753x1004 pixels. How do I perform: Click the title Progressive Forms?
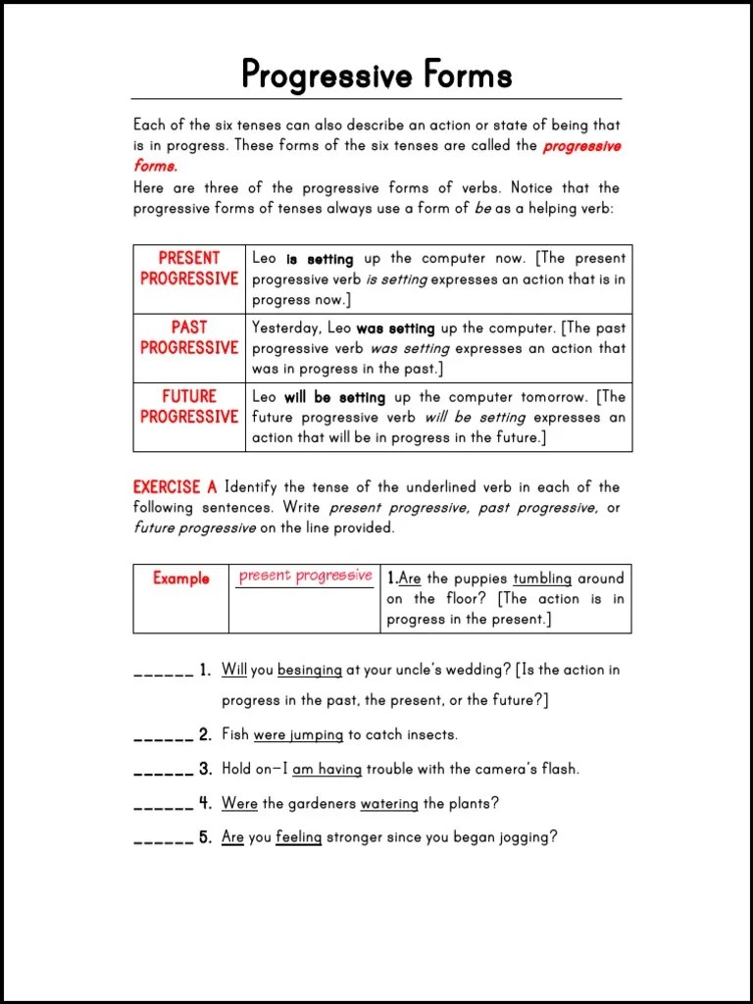(376, 75)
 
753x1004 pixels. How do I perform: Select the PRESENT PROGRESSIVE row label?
(189, 268)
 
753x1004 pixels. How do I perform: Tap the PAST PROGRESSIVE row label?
(189, 337)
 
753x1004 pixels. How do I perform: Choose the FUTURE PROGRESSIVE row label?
(189, 406)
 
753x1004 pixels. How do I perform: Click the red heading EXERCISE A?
(175, 487)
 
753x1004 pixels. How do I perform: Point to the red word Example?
(180, 578)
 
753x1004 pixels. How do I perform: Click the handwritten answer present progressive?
(305, 576)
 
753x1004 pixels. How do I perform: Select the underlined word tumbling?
(542, 578)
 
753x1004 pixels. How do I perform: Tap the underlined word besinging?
(310, 671)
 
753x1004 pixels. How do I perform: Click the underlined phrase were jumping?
(298, 734)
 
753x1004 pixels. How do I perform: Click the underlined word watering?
(389, 804)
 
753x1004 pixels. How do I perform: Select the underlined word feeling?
(298, 838)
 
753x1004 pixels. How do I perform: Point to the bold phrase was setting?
(395, 328)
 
